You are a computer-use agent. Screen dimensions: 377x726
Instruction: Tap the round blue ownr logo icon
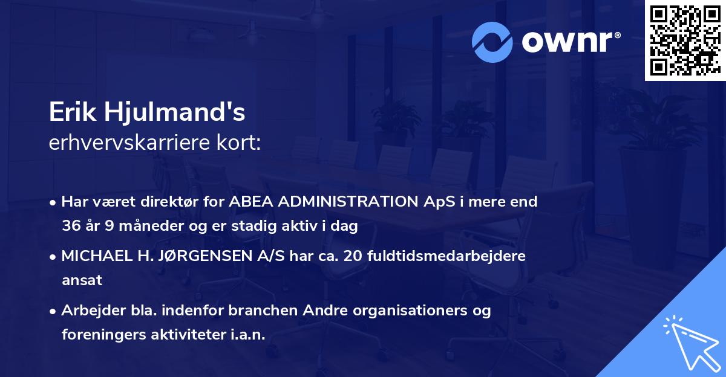(x=492, y=42)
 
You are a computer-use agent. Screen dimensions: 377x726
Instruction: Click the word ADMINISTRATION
(x=344, y=202)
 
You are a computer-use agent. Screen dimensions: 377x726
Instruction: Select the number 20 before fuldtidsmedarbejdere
(x=355, y=256)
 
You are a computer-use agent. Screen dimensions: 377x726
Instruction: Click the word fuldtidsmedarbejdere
(x=447, y=256)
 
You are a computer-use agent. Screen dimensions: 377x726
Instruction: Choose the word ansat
(x=82, y=280)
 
